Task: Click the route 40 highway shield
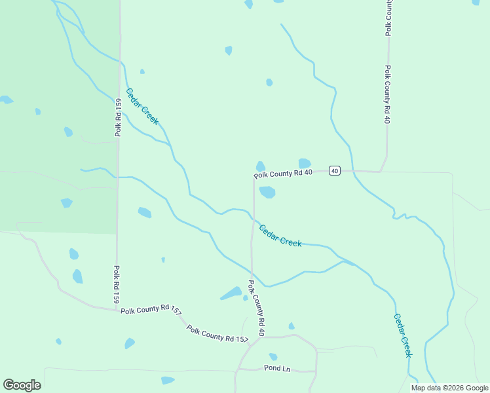tap(335, 171)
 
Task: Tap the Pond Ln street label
tap(277, 368)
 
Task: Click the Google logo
tap(22, 385)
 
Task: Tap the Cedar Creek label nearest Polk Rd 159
tap(142, 106)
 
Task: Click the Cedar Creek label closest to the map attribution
tap(402, 335)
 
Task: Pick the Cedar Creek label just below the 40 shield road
tap(280, 236)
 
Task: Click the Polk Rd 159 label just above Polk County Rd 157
tap(116, 284)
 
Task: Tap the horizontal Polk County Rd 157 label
tap(151, 310)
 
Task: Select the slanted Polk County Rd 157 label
tap(217, 333)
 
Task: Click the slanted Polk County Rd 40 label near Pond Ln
tap(256, 309)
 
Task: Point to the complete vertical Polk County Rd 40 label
tap(387, 95)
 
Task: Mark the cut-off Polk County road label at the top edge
tap(388, 17)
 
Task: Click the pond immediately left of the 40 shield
tap(305, 163)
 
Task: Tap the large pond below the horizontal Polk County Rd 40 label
tap(267, 192)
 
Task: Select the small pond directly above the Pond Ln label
tap(273, 357)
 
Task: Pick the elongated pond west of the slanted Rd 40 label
tap(231, 293)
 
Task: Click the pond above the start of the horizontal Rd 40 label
tap(261, 166)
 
